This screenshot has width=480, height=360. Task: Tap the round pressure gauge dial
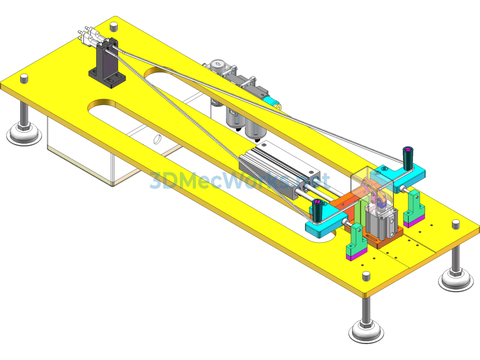tap(217, 64)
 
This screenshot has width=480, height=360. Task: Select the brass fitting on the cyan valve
tap(278, 106)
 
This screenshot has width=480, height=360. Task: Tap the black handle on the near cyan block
tap(317, 210)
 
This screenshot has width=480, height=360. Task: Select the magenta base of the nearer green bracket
tap(357, 254)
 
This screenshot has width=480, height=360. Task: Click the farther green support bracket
tap(414, 207)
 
